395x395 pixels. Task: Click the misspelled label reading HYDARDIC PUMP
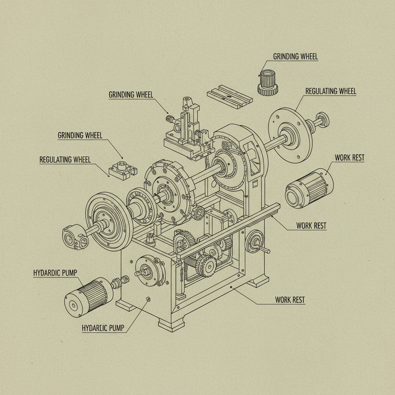point(55,273)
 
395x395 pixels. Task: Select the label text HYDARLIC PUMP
point(104,328)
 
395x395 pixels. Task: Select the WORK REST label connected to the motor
point(349,158)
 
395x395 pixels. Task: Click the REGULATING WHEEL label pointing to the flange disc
point(331,91)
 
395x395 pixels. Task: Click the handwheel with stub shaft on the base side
point(255,242)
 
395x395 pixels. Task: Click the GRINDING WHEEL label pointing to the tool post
point(131,95)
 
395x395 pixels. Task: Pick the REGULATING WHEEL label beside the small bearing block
point(65,160)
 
